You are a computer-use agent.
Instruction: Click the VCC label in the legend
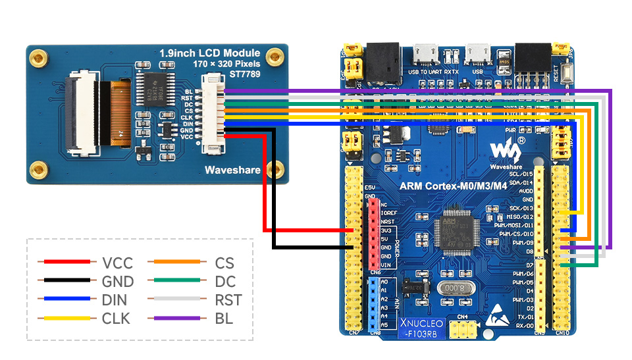[x=117, y=263]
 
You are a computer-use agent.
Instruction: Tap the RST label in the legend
[x=228, y=300]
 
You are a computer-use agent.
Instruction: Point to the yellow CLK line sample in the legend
[x=65, y=319]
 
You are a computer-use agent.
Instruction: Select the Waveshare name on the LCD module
[x=232, y=170]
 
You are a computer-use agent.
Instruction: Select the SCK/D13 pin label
[x=521, y=208]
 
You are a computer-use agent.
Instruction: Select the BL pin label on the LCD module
[x=189, y=91]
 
